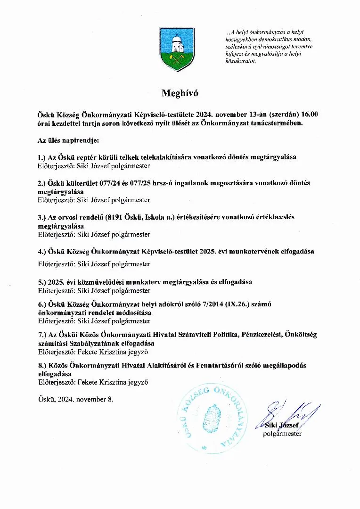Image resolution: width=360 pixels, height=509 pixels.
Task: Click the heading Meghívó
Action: (180, 93)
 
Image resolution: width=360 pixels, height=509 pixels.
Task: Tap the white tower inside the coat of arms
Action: (177, 44)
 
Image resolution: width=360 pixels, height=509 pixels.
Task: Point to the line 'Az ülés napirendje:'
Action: (68, 140)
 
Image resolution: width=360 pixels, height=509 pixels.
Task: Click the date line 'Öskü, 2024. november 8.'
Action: (75, 399)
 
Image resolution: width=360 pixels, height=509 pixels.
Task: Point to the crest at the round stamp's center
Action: (211, 418)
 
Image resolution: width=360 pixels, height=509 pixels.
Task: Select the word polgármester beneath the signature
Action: (282, 434)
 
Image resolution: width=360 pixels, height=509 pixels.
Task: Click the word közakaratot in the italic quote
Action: (241, 61)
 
